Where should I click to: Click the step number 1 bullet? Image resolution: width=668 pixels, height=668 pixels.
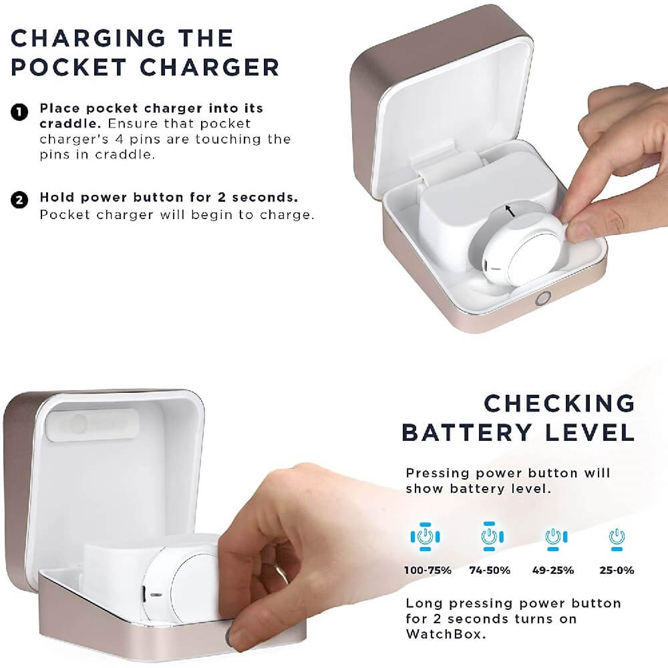tap(19, 112)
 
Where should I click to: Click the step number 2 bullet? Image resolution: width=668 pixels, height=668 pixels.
tap(19, 200)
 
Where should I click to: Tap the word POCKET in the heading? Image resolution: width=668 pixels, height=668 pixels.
tap(68, 67)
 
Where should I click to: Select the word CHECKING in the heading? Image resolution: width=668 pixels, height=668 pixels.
tap(559, 403)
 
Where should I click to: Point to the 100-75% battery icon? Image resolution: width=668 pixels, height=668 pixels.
tap(425, 536)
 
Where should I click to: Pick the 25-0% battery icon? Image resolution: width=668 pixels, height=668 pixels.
tap(617, 539)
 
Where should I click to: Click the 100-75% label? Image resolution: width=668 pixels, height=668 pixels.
tap(428, 570)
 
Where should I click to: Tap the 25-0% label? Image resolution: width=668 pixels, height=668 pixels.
tap(617, 570)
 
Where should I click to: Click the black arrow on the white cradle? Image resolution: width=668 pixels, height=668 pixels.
tap(510, 210)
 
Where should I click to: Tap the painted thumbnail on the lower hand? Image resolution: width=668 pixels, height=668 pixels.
tap(230, 636)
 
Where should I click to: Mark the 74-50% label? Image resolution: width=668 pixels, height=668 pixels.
tap(490, 570)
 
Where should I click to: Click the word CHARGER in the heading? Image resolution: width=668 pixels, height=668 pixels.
tap(209, 67)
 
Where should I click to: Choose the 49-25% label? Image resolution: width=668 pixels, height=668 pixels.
tap(553, 570)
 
